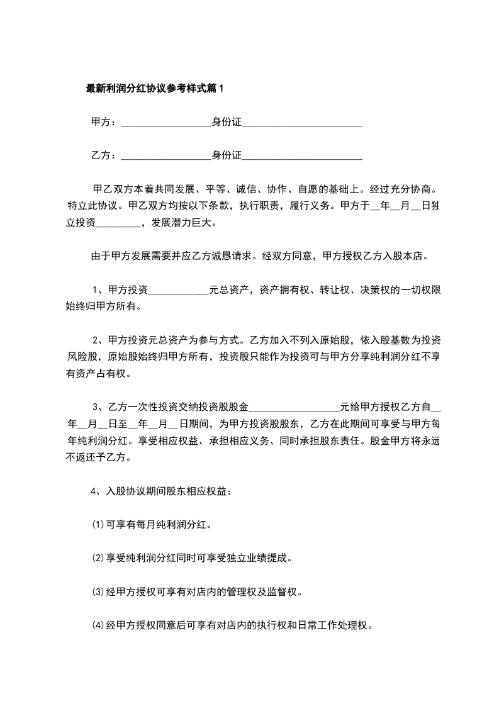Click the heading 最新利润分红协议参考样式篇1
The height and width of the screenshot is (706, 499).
coord(155,89)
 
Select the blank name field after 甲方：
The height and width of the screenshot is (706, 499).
coord(165,123)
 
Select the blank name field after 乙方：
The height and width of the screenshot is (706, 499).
coord(165,156)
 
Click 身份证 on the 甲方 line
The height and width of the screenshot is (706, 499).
coord(227,122)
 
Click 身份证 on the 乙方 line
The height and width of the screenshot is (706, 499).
coord(227,155)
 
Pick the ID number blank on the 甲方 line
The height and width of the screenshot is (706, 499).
coord(302,123)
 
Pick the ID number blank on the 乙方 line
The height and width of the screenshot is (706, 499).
coord(302,156)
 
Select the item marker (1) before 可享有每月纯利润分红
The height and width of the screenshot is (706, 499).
coord(98,524)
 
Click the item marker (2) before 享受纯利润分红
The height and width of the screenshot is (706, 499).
coord(98,558)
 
